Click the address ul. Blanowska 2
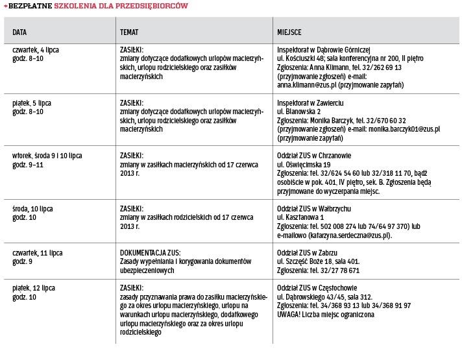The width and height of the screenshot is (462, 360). (x=301, y=112)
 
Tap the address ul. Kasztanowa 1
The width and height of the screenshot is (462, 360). (x=302, y=218)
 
